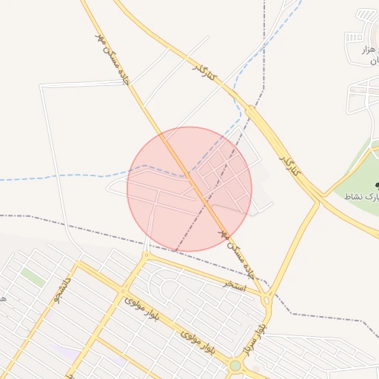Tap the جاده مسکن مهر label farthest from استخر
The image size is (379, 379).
112,56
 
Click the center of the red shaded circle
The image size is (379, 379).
189,189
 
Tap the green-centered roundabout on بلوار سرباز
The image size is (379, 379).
235,365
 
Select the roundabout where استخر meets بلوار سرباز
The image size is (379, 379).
266,300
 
